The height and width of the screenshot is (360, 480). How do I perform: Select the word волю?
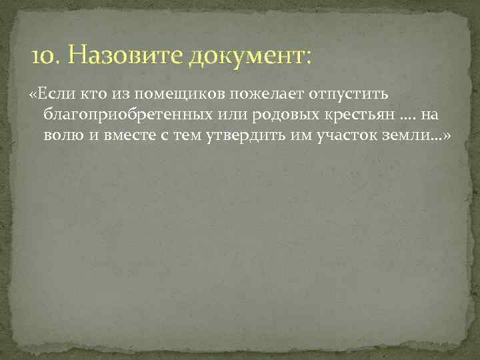(62, 137)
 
